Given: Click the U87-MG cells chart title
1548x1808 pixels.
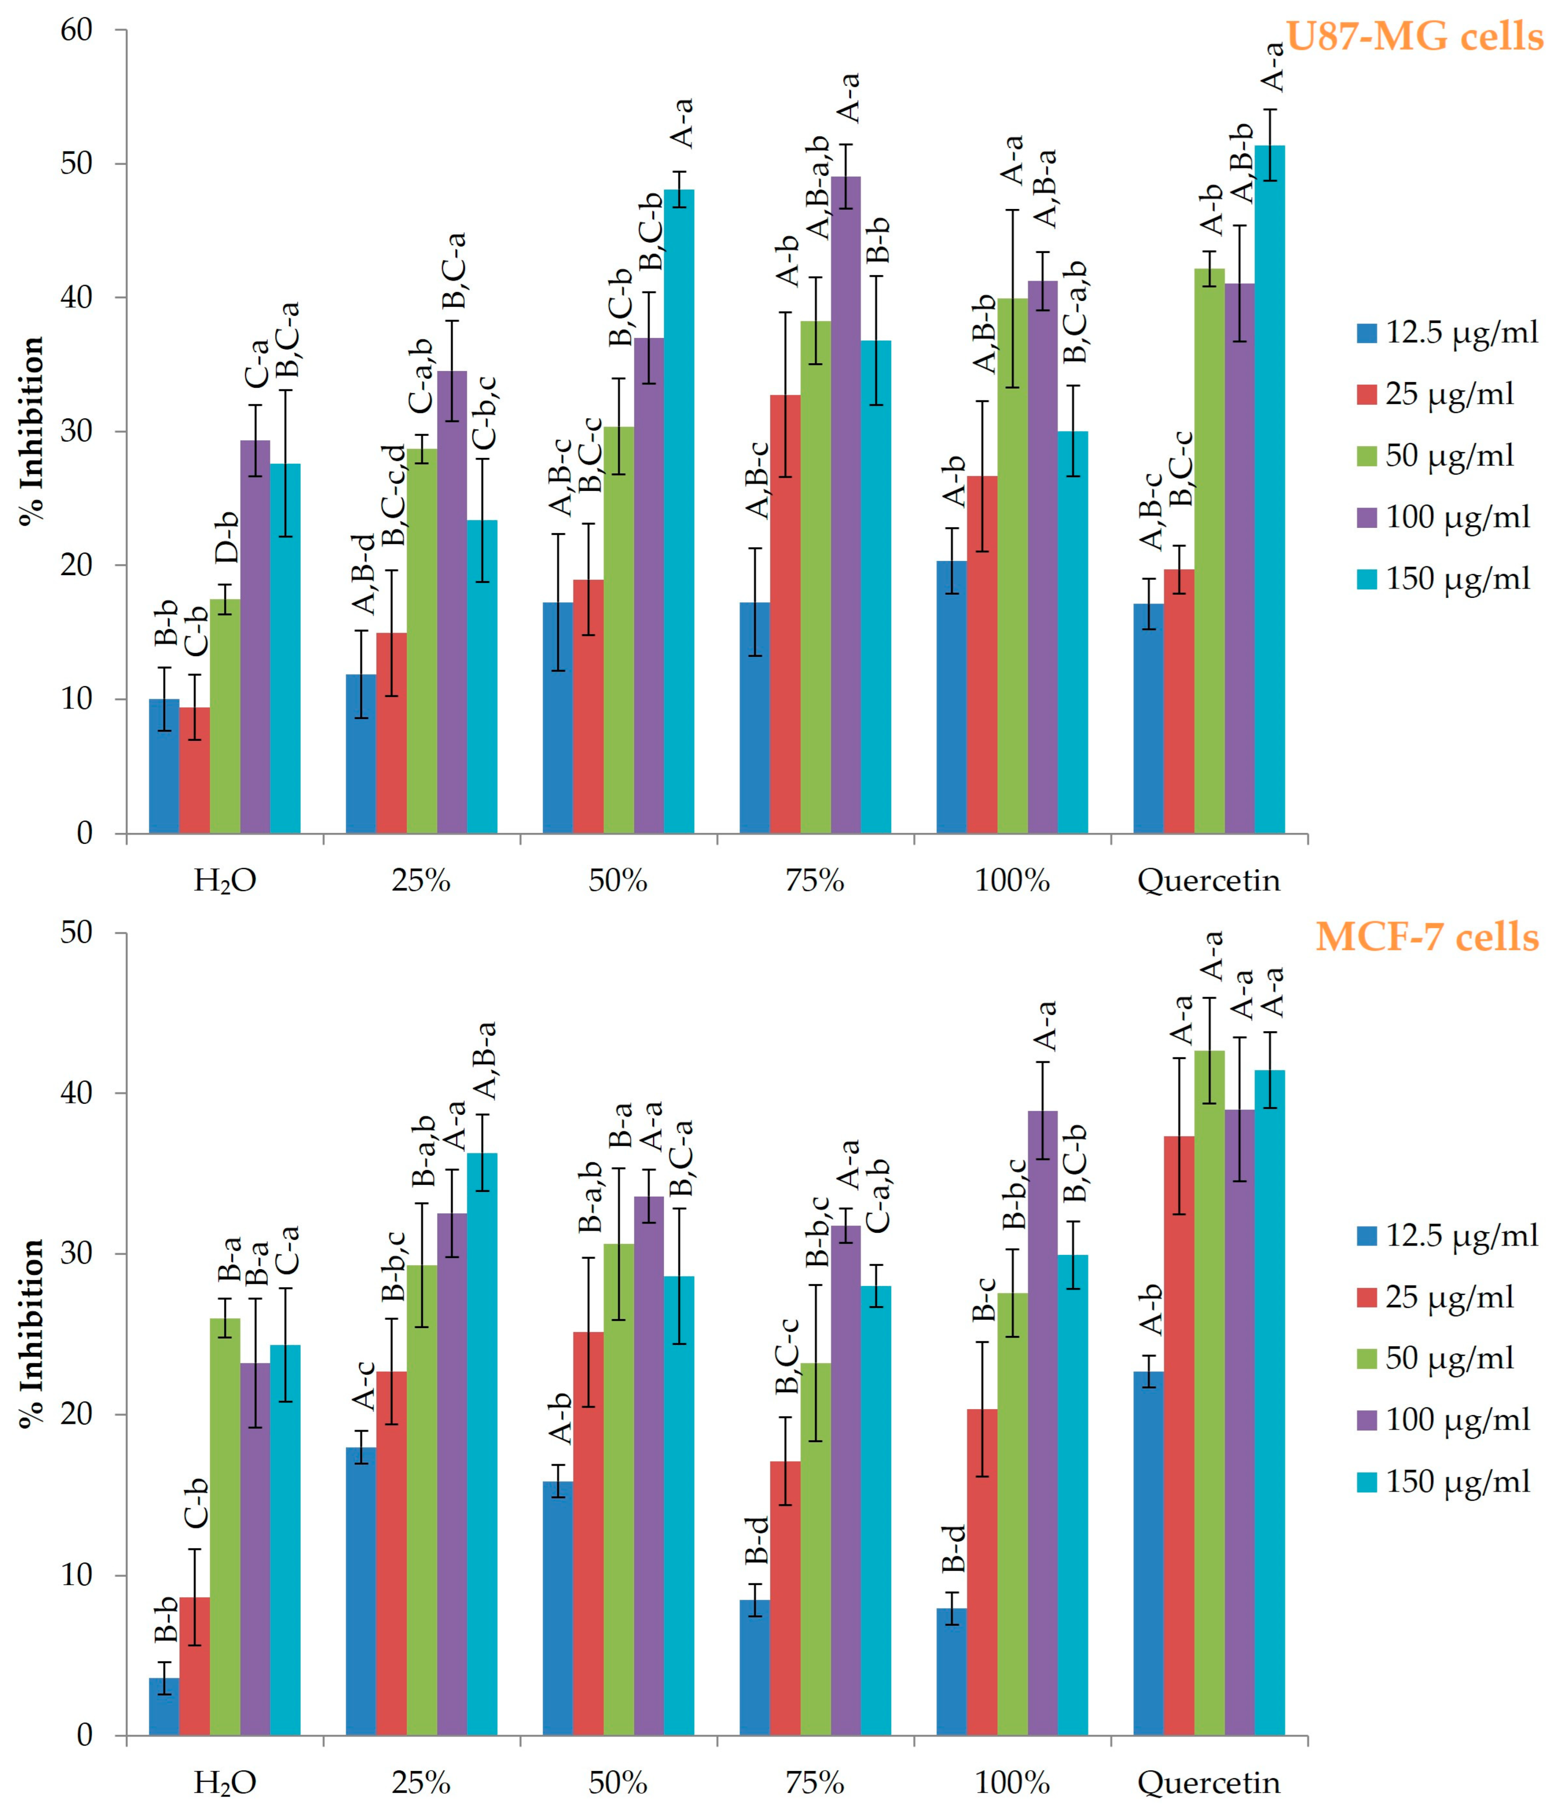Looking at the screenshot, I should pyautogui.click(x=1414, y=37).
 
